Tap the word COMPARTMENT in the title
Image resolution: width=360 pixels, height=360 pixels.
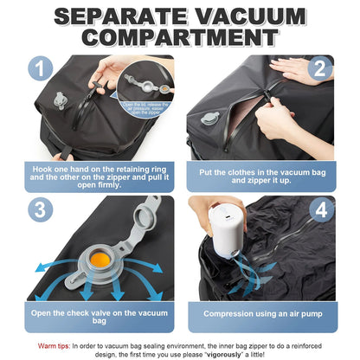point(179,39)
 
